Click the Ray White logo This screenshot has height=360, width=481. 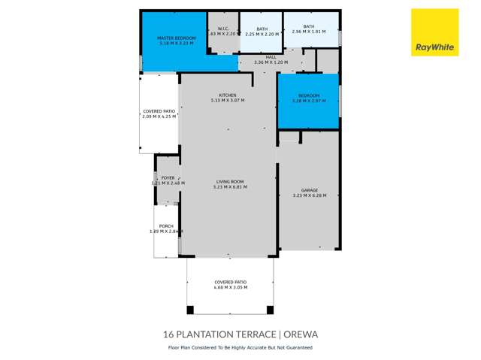click(x=435, y=32)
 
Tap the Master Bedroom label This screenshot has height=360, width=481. click(x=176, y=38)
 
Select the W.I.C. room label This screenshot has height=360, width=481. click(x=223, y=29)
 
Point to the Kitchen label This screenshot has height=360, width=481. click(x=228, y=95)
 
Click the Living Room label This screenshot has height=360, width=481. click(x=231, y=181)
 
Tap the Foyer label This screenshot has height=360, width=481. click(x=168, y=178)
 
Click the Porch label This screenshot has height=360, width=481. click(x=166, y=226)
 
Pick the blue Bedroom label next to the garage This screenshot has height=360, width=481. click(x=309, y=95)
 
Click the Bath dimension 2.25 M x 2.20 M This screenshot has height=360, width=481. click(x=262, y=34)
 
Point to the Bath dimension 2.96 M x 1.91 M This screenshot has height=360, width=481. click(x=309, y=32)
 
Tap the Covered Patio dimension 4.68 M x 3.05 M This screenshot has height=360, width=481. click(x=230, y=287)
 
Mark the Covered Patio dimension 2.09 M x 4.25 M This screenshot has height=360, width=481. click(x=159, y=116)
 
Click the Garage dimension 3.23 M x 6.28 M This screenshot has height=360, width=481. click(x=305, y=196)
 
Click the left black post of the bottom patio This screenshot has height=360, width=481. click(x=191, y=309)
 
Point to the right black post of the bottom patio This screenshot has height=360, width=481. click(x=270, y=309)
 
